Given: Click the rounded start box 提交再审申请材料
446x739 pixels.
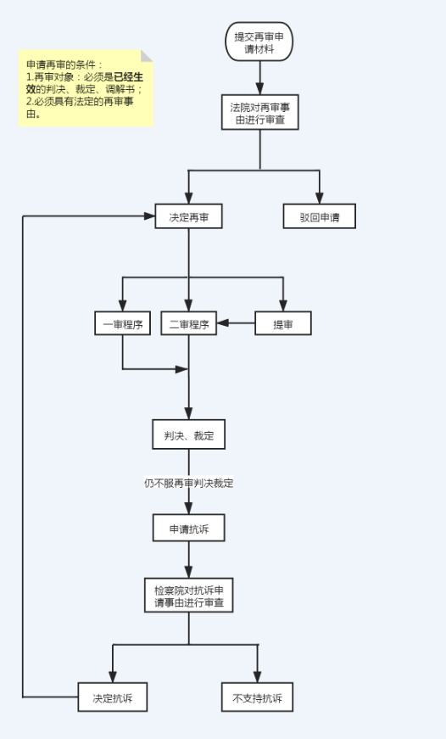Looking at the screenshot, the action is (259, 42).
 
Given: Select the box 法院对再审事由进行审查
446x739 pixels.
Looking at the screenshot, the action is (260, 112).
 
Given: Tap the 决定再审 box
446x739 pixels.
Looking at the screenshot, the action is (188, 216).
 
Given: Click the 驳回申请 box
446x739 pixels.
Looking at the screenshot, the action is (320, 216).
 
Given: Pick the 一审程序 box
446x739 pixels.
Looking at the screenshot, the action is (122, 323).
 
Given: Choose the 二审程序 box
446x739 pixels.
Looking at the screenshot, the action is (188, 323).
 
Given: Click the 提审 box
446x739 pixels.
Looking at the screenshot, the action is (283, 323).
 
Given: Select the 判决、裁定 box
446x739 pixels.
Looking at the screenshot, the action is (188, 434).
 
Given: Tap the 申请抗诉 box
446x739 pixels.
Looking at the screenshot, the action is (188, 529).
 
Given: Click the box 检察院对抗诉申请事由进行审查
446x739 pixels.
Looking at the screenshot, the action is (188, 596).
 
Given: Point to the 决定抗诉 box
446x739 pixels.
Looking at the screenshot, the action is (112, 697).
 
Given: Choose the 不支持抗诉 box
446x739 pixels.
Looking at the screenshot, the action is (257, 697).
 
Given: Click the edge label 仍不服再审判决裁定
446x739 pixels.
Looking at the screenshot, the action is (188, 483).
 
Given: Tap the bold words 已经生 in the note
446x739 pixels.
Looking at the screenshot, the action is (129, 77).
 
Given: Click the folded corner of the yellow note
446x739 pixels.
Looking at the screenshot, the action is (147, 56).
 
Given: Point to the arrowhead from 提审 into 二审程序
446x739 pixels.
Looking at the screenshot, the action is (222, 323).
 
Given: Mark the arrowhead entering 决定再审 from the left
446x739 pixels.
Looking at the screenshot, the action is (149, 216).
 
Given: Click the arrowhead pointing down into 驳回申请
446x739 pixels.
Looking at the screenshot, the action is (320, 198).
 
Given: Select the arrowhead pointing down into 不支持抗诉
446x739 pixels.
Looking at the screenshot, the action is (257, 677).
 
